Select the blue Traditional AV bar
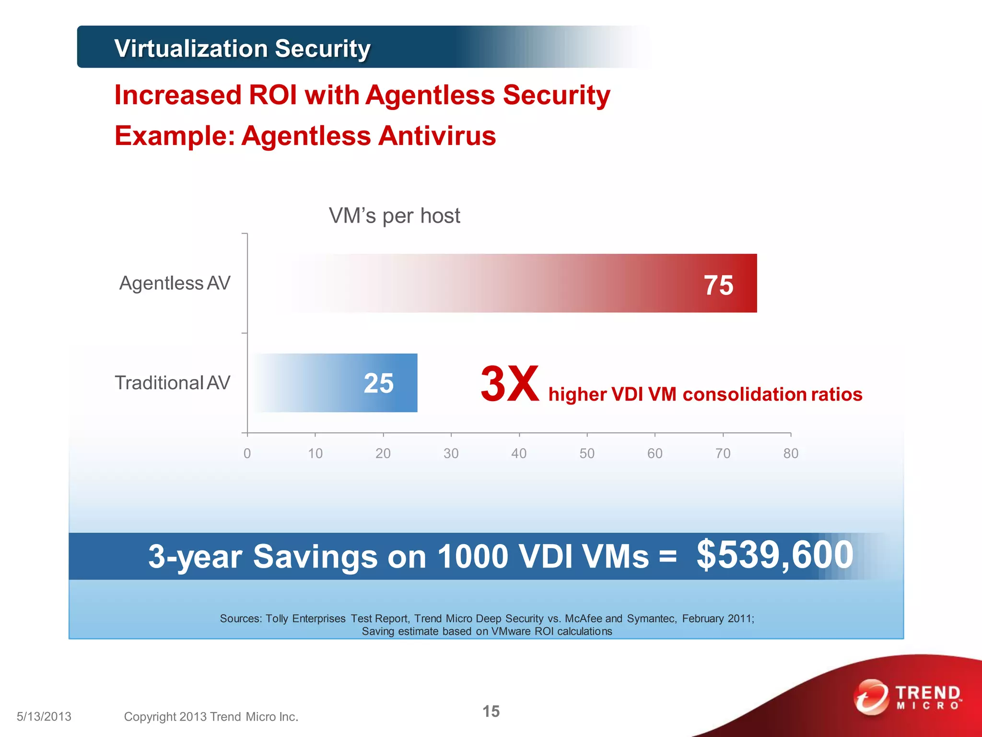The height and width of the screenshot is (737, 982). [x=336, y=383]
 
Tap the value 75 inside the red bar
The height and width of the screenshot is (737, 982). [x=718, y=285]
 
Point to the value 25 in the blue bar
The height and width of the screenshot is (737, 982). [x=378, y=383]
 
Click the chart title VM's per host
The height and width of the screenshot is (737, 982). [x=394, y=216]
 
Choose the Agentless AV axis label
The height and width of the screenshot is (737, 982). [x=175, y=283]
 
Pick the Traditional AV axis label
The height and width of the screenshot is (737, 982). [x=172, y=383]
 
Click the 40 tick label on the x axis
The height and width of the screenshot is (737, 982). [x=519, y=453]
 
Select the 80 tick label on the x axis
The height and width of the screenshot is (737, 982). [x=791, y=453]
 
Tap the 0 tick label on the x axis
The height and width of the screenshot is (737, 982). [x=247, y=453]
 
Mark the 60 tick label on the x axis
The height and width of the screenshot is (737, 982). [x=655, y=453]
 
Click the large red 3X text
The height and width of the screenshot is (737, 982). [x=509, y=384]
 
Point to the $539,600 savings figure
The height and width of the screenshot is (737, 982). [x=774, y=555]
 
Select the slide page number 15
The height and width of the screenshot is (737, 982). [x=491, y=711]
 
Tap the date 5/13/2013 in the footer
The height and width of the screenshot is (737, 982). [x=44, y=716]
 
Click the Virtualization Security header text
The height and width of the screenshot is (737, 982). [x=242, y=48]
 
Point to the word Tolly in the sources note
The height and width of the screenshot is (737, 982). [x=277, y=618]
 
